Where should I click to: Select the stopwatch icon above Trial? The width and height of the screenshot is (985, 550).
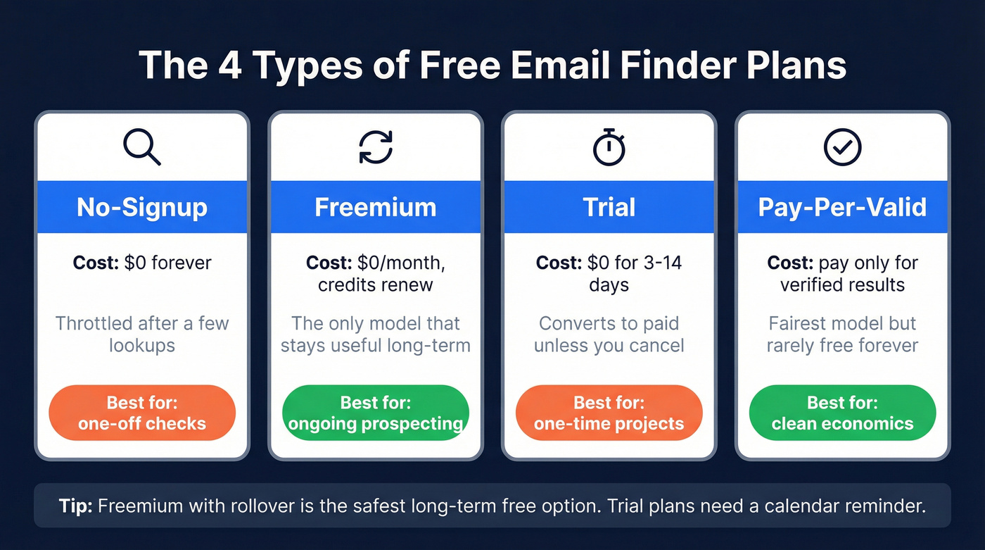click(609, 147)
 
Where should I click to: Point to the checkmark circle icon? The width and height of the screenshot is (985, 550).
click(842, 147)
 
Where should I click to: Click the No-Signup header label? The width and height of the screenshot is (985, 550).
click(142, 207)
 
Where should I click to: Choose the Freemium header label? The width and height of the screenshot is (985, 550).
click(376, 207)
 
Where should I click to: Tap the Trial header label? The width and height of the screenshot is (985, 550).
click(609, 207)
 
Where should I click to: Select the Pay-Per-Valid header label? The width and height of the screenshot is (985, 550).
click(842, 207)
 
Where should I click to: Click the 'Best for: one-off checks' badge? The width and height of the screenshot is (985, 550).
click(142, 413)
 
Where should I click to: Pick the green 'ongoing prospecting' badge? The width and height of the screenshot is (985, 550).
click(376, 413)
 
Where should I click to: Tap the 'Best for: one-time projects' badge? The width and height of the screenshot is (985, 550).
click(609, 413)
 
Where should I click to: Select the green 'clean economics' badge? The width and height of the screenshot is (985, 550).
click(842, 413)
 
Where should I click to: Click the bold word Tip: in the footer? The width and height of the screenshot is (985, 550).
click(75, 506)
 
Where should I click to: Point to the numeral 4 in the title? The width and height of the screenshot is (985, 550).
click(231, 65)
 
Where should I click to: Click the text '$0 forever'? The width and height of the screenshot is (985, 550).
click(167, 263)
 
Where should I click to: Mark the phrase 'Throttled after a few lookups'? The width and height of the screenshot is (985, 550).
click(142, 335)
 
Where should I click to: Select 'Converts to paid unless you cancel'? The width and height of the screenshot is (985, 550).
click(609, 335)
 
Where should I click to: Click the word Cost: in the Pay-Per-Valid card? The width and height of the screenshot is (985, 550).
click(789, 263)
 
